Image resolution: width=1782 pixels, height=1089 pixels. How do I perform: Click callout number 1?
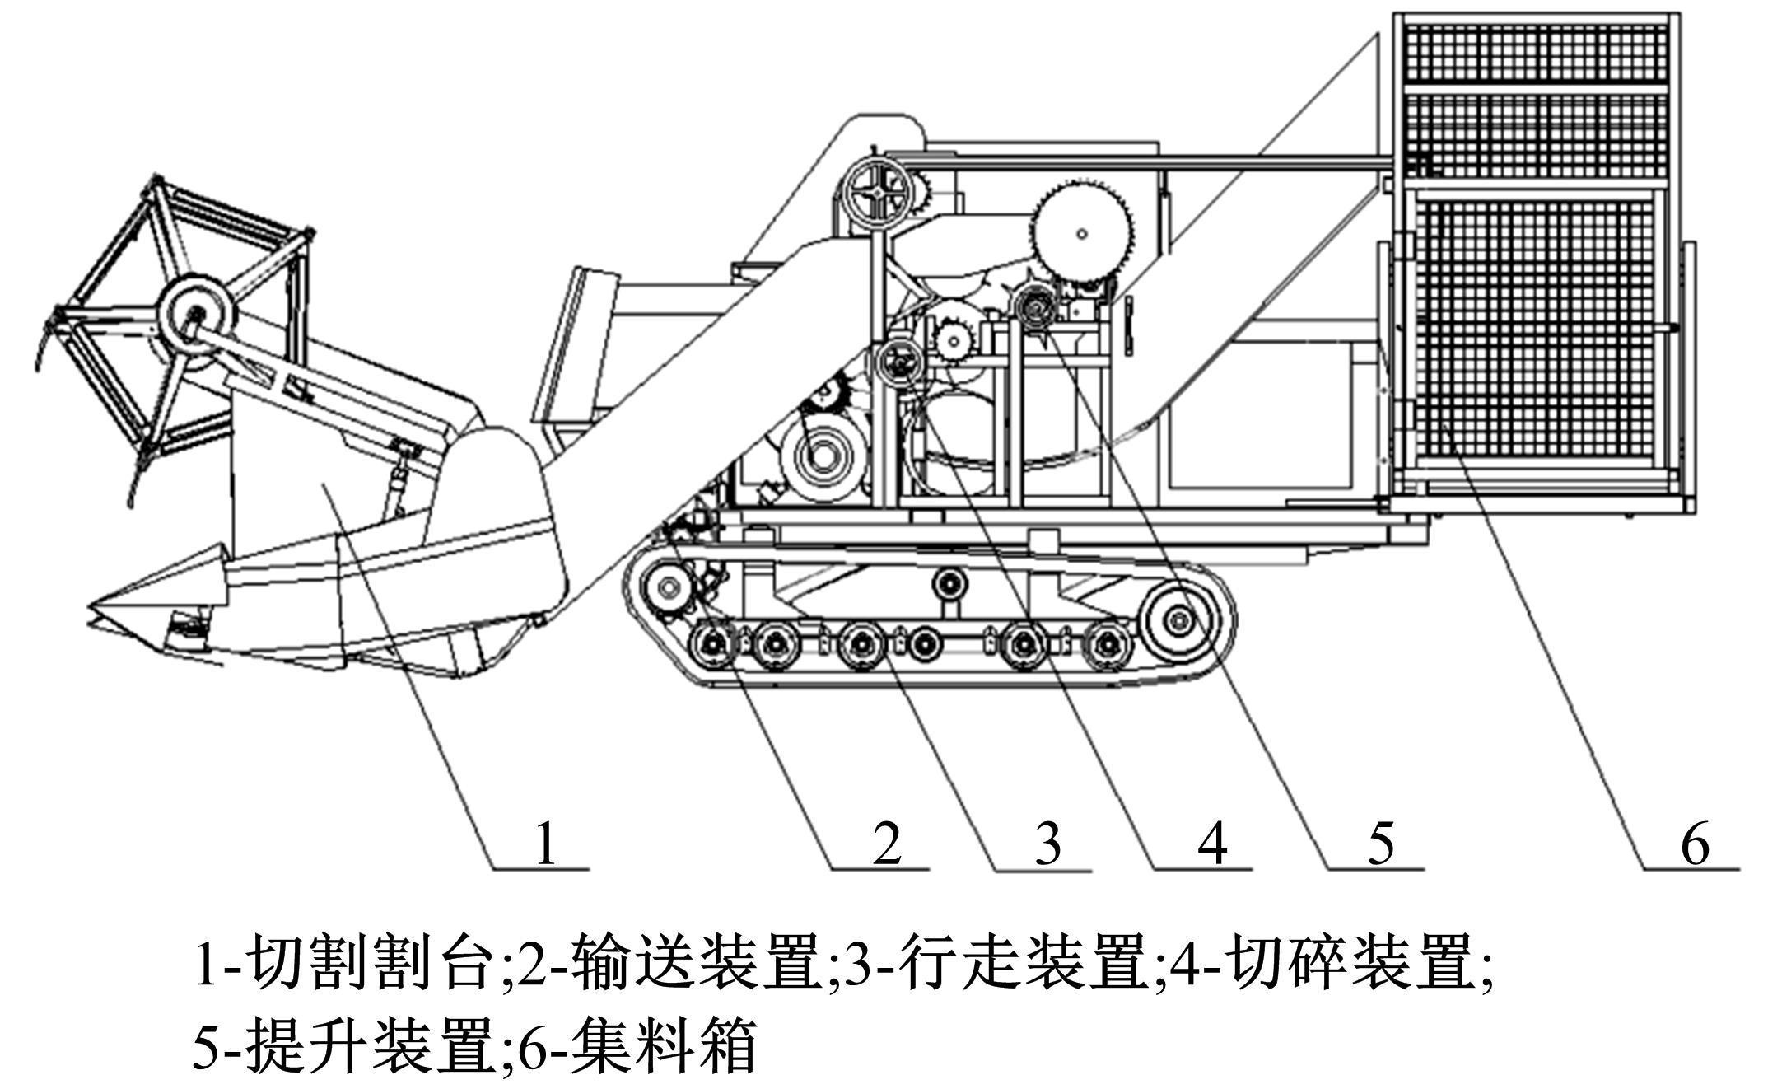544,844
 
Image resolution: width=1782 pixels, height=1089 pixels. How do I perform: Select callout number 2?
887,844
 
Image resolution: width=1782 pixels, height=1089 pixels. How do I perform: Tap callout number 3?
1047,844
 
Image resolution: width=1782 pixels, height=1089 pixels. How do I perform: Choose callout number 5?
1381,844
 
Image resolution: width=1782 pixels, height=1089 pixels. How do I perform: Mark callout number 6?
1695,844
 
